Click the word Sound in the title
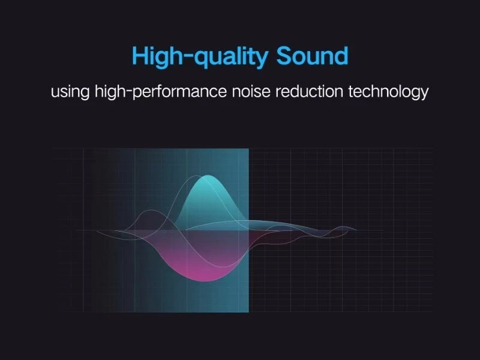312,56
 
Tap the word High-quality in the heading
200,57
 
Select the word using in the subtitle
70,92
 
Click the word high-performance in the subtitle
161,91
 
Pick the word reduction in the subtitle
309,91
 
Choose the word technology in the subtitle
388,91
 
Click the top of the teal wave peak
208,175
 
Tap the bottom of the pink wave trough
206,280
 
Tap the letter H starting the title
140,55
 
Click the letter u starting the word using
55,92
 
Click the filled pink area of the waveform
202,260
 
